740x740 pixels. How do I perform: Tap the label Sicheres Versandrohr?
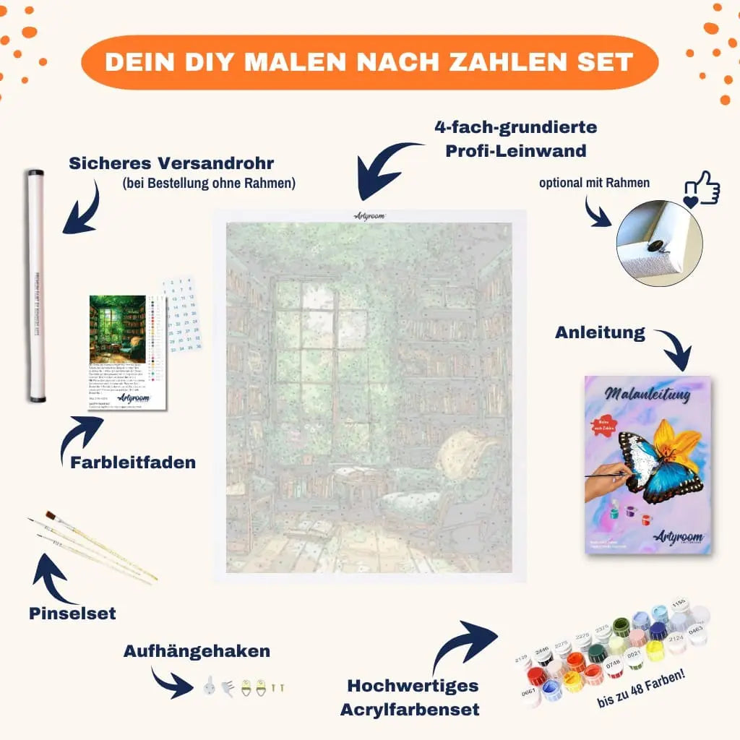click(x=172, y=163)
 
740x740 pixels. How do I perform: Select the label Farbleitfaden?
click(x=133, y=462)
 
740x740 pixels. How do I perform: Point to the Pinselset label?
click(x=72, y=614)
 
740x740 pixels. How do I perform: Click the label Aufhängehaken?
click(x=197, y=651)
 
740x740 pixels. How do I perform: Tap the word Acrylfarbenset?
click(x=410, y=709)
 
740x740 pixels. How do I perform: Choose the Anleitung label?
click(x=600, y=333)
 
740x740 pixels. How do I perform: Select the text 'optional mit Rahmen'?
click(x=594, y=183)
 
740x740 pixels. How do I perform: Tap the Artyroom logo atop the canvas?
click(x=370, y=215)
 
